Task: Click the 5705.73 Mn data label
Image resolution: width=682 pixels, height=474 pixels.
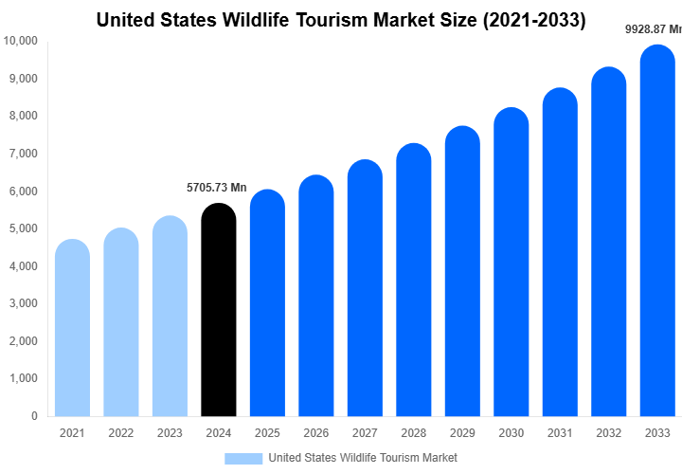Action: tap(216, 188)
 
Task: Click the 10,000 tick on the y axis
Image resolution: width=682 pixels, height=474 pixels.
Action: tap(21, 41)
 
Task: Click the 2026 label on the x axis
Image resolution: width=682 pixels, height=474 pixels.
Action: tap(316, 434)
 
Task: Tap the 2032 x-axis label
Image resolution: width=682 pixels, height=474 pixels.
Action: tap(608, 434)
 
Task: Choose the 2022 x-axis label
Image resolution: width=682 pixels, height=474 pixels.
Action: tap(121, 434)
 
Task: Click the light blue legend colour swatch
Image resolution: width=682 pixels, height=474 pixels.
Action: tap(242, 458)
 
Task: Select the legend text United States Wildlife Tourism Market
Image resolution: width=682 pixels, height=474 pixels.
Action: tap(363, 458)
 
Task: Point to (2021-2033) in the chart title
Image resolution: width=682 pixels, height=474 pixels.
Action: tap(532, 19)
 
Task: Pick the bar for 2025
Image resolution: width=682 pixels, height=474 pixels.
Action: tap(268, 302)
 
